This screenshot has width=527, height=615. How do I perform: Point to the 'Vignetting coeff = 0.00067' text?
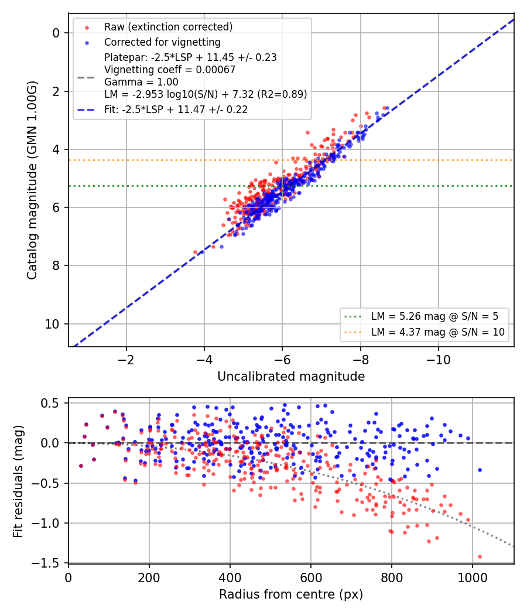170,70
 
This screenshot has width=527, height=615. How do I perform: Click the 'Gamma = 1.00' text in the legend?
141,82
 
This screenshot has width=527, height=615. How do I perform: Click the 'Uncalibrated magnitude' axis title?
291,377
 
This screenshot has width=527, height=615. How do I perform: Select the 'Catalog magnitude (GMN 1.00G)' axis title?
32,180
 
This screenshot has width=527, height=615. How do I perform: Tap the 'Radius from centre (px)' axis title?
291,594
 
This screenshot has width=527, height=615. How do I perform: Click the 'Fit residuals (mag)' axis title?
18,481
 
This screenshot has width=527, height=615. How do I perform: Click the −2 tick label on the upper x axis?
126,359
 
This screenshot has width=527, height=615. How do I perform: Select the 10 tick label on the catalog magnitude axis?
53,324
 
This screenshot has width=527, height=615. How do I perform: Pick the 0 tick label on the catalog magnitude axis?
56,33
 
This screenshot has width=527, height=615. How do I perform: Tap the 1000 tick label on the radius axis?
473,578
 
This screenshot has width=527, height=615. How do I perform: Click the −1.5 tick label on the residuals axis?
50,563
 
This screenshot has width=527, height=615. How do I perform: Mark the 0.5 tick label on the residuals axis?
53,403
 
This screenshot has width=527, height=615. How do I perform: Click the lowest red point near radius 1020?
480,556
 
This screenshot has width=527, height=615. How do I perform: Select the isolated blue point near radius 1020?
480,470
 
